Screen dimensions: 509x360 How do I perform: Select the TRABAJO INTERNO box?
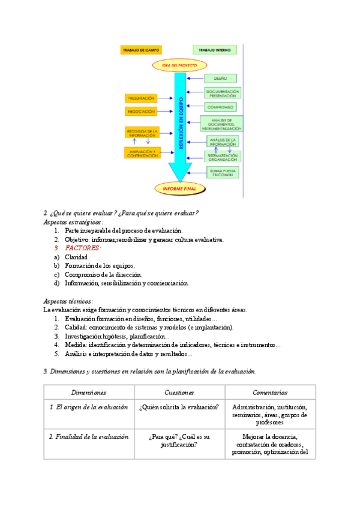click(215, 50)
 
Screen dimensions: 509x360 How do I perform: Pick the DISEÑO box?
click(221, 79)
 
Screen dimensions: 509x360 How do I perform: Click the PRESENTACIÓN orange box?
click(141, 97)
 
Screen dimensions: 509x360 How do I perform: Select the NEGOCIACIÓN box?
click(141, 112)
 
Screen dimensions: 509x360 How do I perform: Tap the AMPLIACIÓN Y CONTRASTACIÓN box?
click(143, 153)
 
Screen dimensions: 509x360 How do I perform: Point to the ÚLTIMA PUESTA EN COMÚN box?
click(222, 173)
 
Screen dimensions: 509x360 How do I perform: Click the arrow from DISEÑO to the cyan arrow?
click(196, 79)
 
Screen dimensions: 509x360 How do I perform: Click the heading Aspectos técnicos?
click(68, 301)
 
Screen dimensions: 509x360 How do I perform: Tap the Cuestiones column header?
click(179, 392)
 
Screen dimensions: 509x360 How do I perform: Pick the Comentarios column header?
click(269, 392)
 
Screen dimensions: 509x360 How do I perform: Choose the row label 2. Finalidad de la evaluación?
click(89, 437)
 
